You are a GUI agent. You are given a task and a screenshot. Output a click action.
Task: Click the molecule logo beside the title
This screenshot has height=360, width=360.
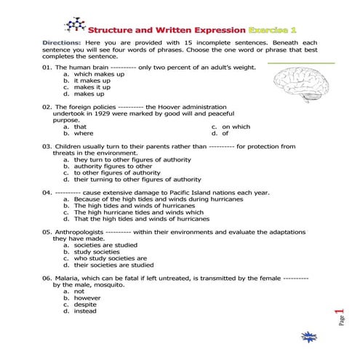click(x=74, y=25)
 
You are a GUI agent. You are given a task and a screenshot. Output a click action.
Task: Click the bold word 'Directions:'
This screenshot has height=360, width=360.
click(x=62, y=43)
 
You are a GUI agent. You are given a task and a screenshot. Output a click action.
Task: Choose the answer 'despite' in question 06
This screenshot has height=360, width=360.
click(x=85, y=304)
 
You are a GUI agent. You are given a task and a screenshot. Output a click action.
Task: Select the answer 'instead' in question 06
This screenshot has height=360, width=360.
click(x=85, y=311)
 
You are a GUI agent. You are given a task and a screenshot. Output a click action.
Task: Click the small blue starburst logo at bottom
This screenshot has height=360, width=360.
click(x=307, y=337)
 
